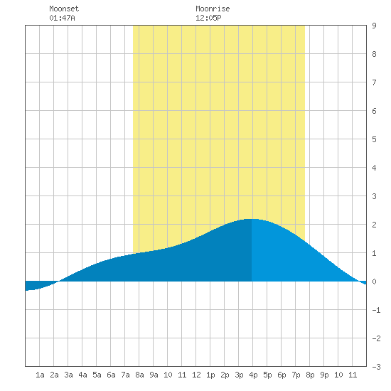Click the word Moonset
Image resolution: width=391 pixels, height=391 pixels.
[64, 9]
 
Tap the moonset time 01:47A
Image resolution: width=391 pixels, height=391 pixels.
[62, 18]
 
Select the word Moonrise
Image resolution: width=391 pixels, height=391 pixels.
[213, 9]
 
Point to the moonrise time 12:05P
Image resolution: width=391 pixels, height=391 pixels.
[208, 18]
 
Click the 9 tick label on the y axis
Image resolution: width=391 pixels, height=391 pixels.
[374, 26]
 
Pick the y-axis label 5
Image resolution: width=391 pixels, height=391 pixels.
[374, 139]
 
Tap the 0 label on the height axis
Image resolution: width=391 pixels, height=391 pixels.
[374, 282]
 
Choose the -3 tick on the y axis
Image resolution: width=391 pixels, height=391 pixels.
[376, 367]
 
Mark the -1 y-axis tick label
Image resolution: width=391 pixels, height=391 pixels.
[376, 310]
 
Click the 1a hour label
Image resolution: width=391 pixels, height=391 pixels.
[40, 375]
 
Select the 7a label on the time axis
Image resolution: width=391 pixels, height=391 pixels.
[125, 375]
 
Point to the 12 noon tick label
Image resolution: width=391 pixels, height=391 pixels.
[196, 375]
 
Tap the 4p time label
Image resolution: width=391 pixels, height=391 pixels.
[253, 375]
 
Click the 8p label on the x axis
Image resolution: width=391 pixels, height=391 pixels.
[310, 375]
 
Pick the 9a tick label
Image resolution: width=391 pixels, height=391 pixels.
[154, 375]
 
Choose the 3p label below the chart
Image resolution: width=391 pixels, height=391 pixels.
[239, 375]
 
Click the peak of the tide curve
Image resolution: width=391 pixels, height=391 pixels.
[252, 219]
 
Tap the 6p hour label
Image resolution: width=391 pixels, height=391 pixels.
[282, 375]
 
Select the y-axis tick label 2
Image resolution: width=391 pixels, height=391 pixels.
[374, 225]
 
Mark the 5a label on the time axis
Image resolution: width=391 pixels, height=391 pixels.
[97, 375]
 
